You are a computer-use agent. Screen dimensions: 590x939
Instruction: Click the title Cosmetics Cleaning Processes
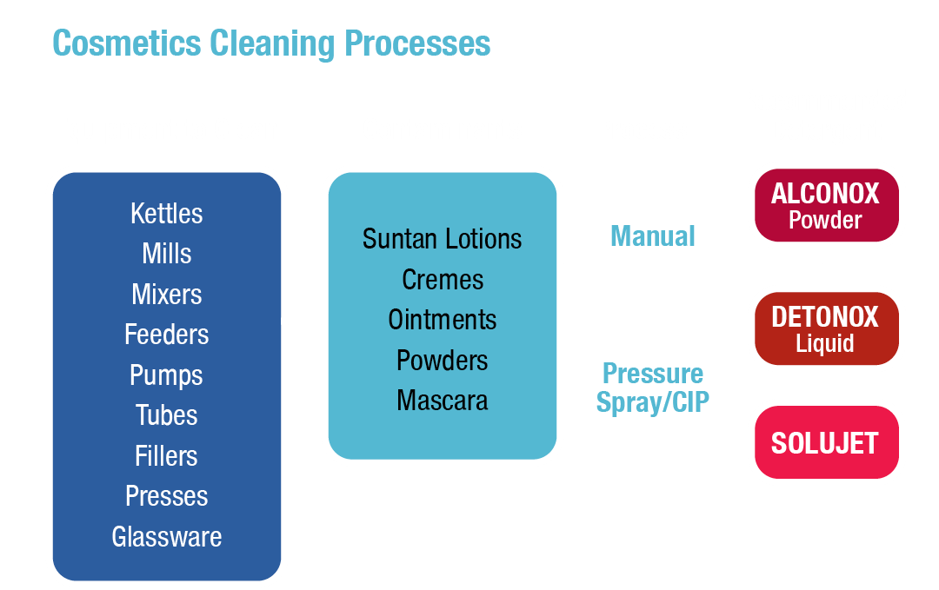pyautogui.click(x=271, y=43)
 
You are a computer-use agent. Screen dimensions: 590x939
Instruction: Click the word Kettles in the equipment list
pyautogui.click(x=166, y=213)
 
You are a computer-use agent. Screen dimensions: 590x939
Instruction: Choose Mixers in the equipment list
pyautogui.click(x=166, y=294)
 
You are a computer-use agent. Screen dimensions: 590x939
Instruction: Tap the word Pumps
pyautogui.click(x=166, y=375)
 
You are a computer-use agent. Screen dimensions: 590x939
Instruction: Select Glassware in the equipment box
pyautogui.click(x=166, y=537)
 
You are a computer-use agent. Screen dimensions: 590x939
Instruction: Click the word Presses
pyautogui.click(x=166, y=496)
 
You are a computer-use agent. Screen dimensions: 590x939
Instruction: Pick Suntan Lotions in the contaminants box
pyautogui.click(x=442, y=239)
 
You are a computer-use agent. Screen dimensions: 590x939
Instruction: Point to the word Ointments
pyautogui.click(x=442, y=320)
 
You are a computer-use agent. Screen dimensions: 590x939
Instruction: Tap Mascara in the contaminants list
pyautogui.click(x=442, y=401)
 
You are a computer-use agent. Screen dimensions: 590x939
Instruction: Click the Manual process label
pyautogui.click(x=653, y=236)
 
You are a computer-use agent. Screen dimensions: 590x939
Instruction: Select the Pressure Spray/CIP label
pyautogui.click(x=653, y=388)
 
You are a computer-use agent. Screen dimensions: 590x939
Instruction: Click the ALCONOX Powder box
pyautogui.click(x=824, y=205)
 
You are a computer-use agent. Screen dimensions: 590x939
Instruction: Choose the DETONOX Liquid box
pyautogui.click(x=824, y=328)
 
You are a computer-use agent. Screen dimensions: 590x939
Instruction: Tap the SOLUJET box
pyautogui.click(x=824, y=443)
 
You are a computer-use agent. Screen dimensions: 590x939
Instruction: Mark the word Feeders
pyautogui.click(x=166, y=335)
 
